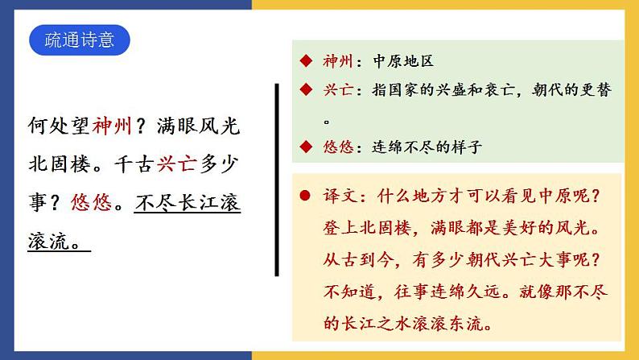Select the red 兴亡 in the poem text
pos(155,163)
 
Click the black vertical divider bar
pos(277,177)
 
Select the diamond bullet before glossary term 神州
pos(305,62)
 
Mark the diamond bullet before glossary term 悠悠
pos(305,147)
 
